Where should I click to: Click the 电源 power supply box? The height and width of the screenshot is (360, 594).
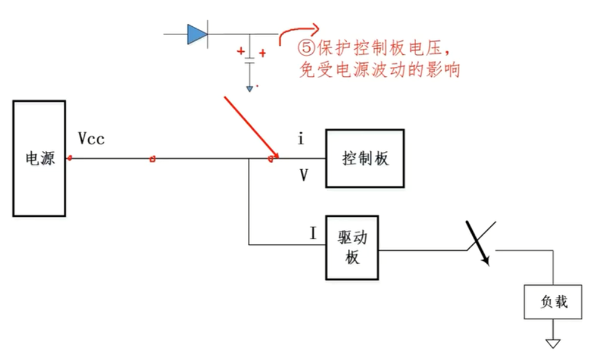[x=39, y=158]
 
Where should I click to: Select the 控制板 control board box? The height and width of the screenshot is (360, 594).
[x=365, y=158]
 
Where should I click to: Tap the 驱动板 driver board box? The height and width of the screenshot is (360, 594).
[x=352, y=248]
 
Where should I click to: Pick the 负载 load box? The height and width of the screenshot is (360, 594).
[x=553, y=302]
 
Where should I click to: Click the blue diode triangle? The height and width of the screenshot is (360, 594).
[x=197, y=34]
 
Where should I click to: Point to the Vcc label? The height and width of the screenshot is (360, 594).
[x=91, y=138]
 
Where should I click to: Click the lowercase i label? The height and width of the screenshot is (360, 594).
[x=300, y=139]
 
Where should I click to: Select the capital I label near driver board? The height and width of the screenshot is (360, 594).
[x=313, y=234]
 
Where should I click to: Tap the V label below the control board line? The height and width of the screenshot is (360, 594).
[x=304, y=176]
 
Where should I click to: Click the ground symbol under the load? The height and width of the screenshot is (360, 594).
[x=553, y=342]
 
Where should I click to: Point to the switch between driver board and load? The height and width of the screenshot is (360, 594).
[x=482, y=244]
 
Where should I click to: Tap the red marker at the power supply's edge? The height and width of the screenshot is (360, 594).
[x=69, y=158]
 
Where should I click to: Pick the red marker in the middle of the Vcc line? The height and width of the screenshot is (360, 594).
[x=152, y=159]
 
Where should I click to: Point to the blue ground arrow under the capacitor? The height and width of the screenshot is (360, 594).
[x=249, y=89]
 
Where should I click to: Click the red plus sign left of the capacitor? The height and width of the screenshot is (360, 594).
[x=240, y=52]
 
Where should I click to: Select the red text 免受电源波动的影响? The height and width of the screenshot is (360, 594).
[x=380, y=70]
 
